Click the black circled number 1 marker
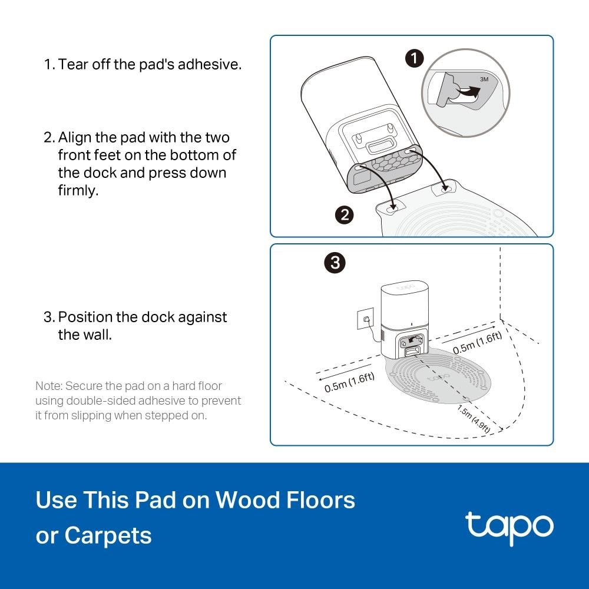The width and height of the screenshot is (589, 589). [414, 58]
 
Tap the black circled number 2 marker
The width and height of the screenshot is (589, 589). [344, 215]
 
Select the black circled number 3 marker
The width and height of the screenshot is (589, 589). [335, 263]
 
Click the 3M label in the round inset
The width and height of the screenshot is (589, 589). [484, 80]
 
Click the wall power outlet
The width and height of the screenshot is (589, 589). [365, 319]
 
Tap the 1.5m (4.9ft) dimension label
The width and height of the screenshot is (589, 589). [474, 419]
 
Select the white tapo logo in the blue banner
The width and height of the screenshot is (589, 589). [509, 527]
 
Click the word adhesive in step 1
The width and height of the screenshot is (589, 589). [209, 64]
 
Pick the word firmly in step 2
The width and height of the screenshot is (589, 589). [78, 190]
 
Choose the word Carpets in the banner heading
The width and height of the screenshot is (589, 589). [108, 535]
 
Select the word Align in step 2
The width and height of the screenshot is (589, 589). [74, 138]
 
